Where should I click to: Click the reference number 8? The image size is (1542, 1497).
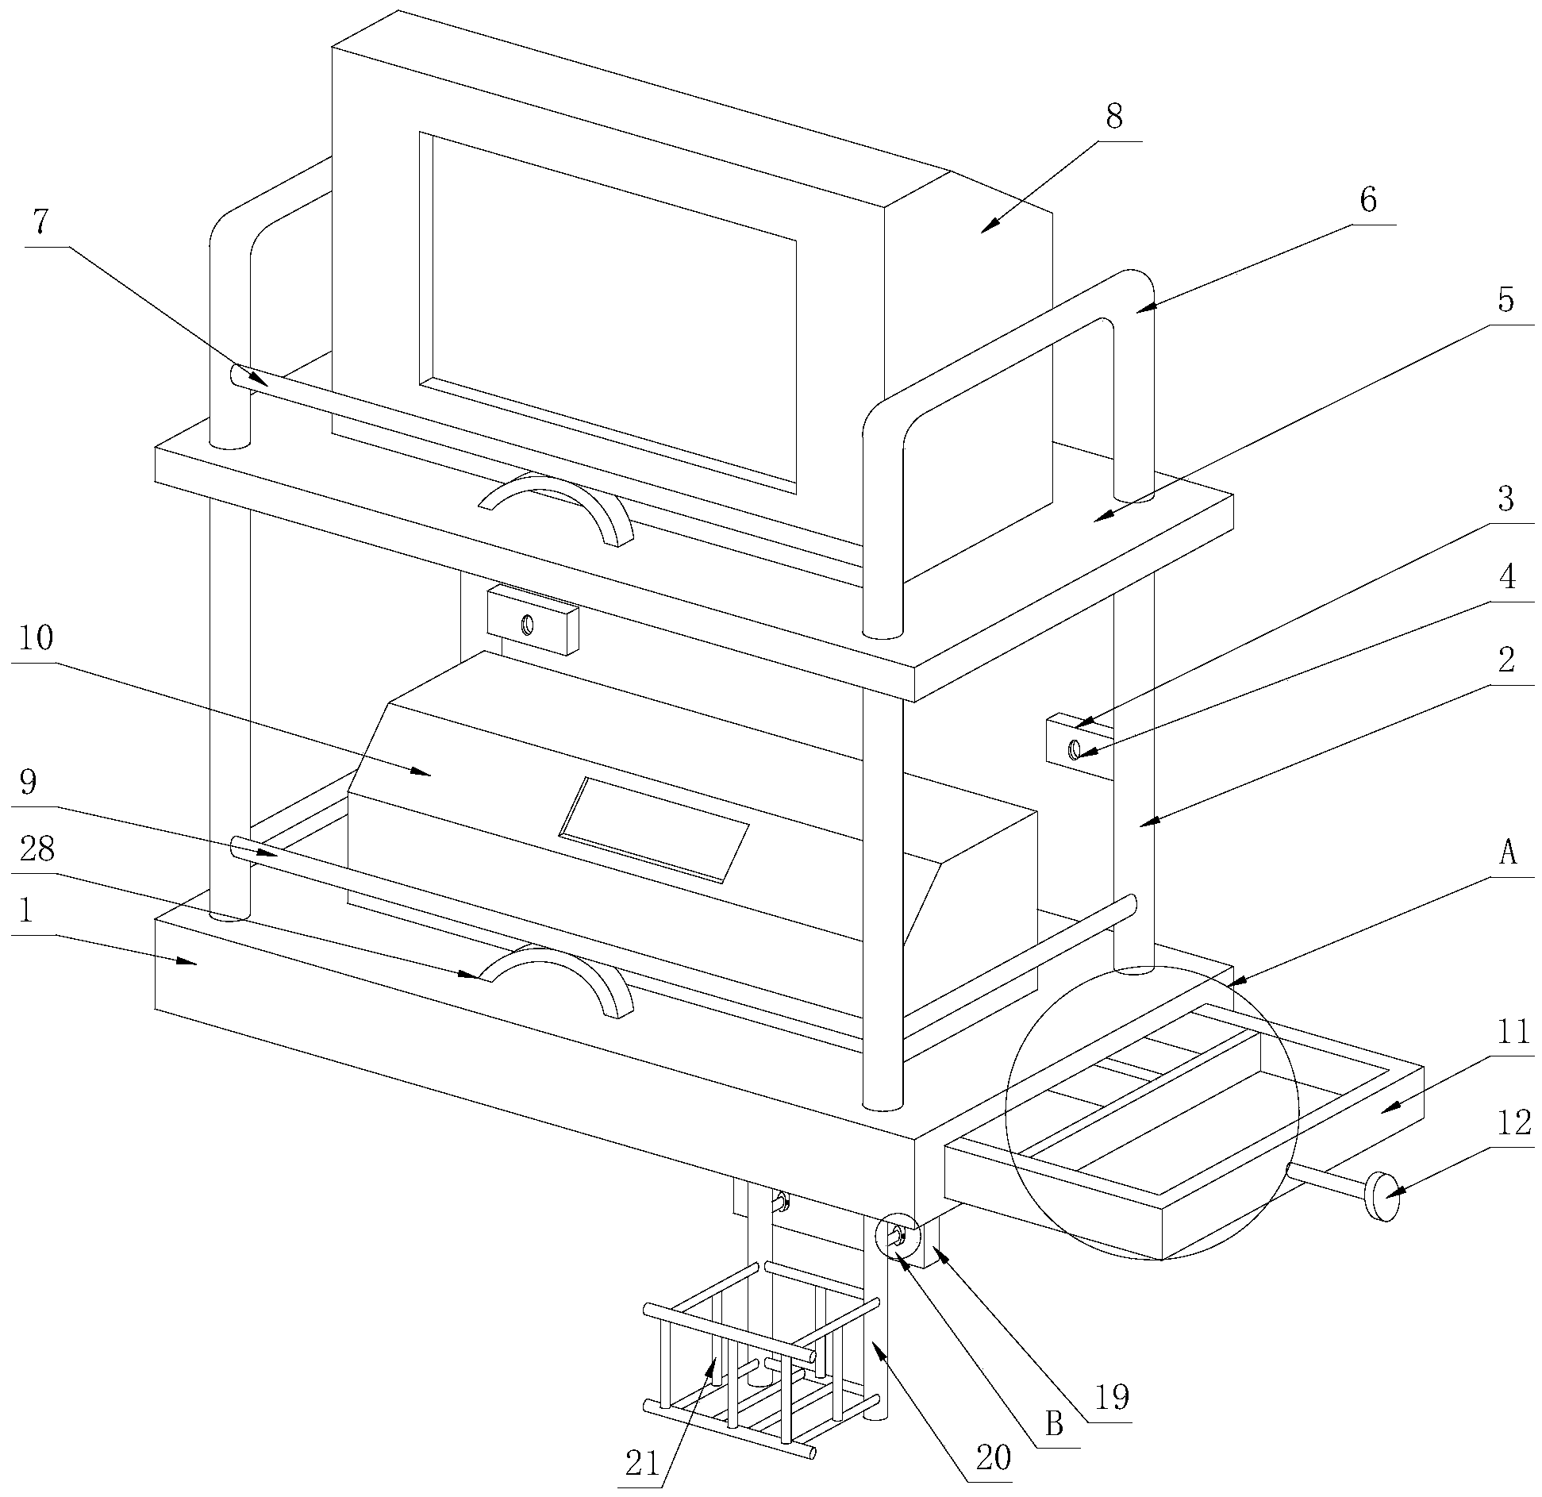pyautogui.click(x=1114, y=117)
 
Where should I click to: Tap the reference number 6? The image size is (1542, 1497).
pyautogui.click(x=1368, y=201)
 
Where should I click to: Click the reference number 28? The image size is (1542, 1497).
pyautogui.click(x=37, y=850)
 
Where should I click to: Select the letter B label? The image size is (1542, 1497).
pyautogui.click(x=1054, y=1425)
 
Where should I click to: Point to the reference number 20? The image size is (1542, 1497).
pyautogui.click(x=992, y=1459)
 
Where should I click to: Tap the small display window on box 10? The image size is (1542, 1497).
pyautogui.click(x=655, y=829)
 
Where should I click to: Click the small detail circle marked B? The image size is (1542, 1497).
pyautogui.click(x=896, y=1237)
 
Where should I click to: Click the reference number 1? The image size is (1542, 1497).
pyautogui.click(x=25, y=913)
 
